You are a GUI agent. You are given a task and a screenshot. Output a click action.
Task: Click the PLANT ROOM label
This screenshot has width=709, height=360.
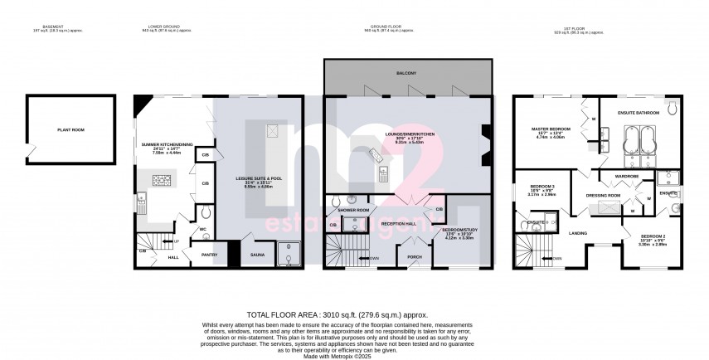[x=71, y=129]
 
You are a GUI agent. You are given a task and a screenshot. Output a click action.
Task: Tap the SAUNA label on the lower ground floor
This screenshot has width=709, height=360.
[x=258, y=255]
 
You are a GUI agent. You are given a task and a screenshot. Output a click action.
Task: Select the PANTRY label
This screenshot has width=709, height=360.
[x=209, y=255]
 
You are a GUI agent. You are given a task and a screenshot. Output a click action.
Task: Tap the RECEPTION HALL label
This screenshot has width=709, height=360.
[x=398, y=223]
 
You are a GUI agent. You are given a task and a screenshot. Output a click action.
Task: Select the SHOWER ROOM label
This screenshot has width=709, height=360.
[x=353, y=211]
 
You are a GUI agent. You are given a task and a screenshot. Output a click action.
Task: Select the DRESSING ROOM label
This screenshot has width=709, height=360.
[x=604, y=195]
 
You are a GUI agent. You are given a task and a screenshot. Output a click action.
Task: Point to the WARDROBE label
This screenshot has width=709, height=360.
[x=626, y=176]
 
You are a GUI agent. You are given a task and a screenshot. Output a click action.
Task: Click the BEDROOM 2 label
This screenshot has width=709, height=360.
[x=655, y=236]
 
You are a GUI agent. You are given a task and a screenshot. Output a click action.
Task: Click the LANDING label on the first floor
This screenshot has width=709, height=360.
[x=578, y=233]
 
